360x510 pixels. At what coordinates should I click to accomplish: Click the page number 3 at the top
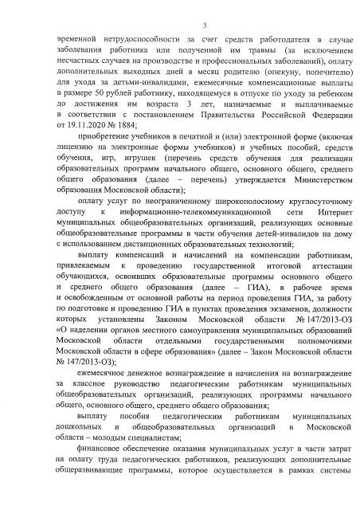(x=182, y=26)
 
